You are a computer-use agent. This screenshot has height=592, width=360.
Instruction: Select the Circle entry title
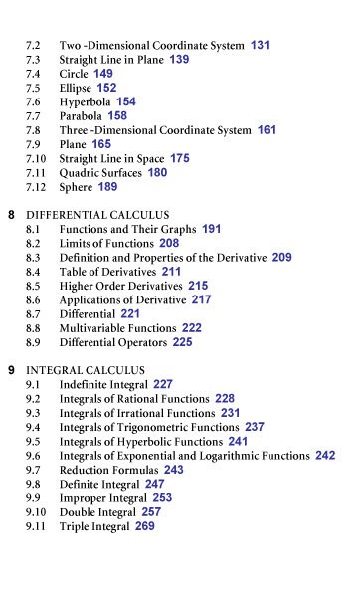pyautogui.click(x=75, y=74)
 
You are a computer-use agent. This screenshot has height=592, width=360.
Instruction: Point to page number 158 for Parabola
pyautogui.click(x=117, y=115)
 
